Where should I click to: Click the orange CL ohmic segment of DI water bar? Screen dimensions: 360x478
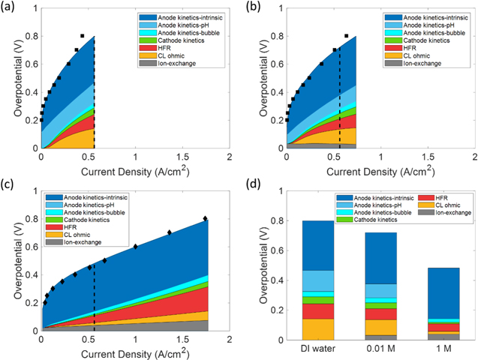pyautogui.click(x=317, y=328)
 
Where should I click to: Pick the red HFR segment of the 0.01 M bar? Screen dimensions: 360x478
pyautogui.click(x=380, y=313)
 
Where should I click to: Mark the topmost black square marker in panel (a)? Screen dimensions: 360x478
pyautogui.click(x=83, y=36)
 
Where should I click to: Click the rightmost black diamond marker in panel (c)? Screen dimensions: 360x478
pyautogui.click(x=205, y=219)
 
